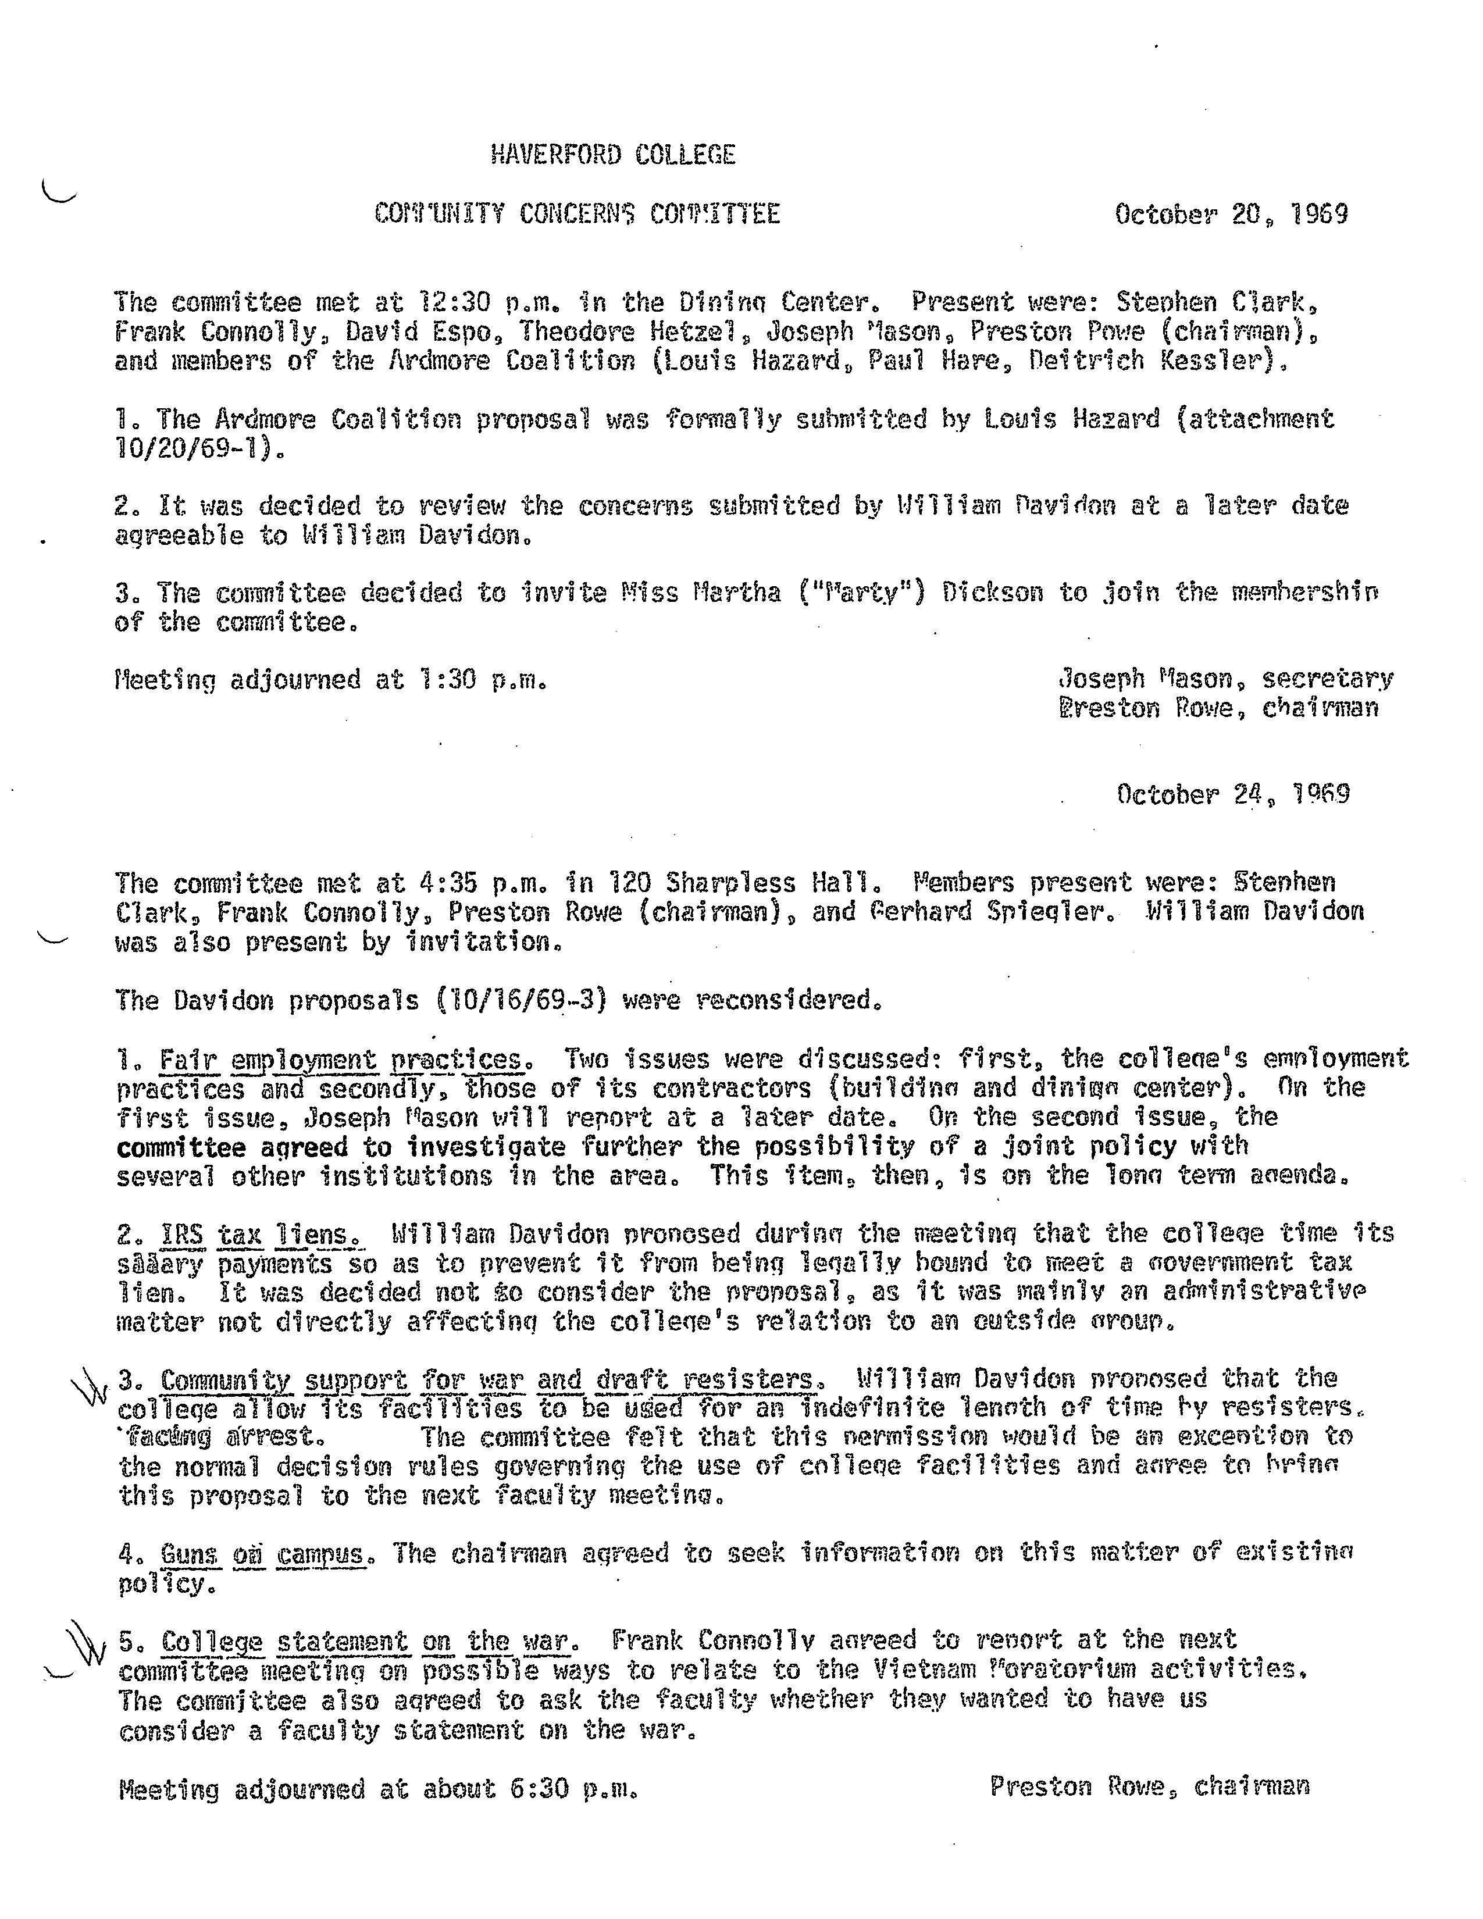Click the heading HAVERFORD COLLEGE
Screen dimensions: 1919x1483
point(612,155)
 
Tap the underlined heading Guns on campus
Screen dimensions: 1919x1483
point(261,1554)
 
